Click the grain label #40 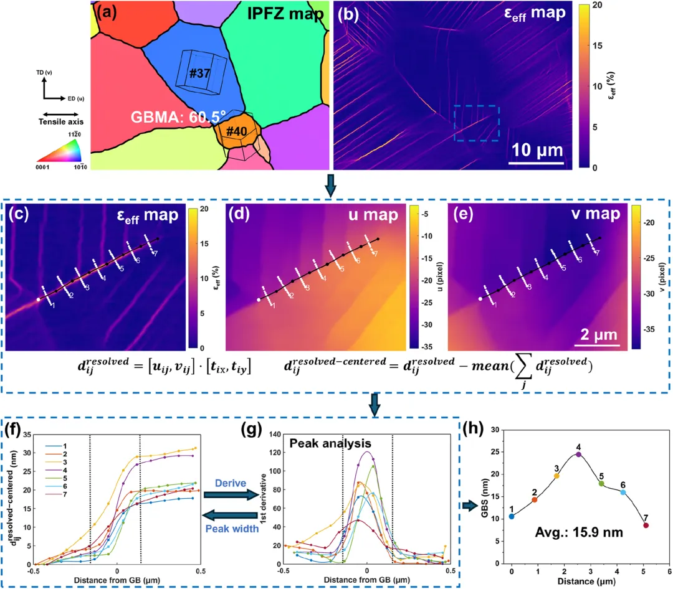pyautogui.click(x=237, y=131)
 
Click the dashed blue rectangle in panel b pyautogui.click(x=477, y=123)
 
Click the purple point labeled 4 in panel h pyautogui.click(x=579, y=455)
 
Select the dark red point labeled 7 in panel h pyautogui.click(x=646, y=525)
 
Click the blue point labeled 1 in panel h pyautogui.click(x=512, y=516)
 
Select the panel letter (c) pyautogui.click(x=19, y=215)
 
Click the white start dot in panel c pyautogui.click(x=38, y=299)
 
